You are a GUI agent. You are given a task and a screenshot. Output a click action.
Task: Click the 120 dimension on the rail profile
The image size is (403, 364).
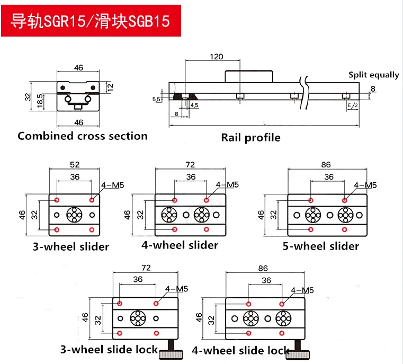pyautogui.click(x=216, y=57)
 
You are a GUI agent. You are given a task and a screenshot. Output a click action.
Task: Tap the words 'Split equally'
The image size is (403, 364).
pyautogui.click(x=373, y=75)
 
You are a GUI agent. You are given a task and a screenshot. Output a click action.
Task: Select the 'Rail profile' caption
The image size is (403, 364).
pyautogui.click(x=250, y=138)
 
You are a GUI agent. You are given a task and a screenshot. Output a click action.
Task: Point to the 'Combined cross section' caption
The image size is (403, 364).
pyautogui.click(x=83, y=136)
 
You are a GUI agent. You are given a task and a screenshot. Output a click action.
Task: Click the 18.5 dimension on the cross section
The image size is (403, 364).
pyautogui.click(x=40, y=100)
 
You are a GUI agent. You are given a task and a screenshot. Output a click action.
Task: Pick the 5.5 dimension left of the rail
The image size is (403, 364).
pyautogui.click(x=157, y=99)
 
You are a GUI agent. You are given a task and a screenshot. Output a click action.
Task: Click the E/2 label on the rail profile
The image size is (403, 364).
pyautogui.click(x=352, y=105)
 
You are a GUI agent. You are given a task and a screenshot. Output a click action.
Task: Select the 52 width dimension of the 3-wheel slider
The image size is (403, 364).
pyautogui.click(x=75, y=164)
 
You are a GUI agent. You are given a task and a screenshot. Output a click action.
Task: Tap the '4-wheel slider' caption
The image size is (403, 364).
pyautogui.click(x=180, y=245)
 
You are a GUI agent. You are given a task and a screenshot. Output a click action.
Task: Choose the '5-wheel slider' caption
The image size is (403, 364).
pyautogui.click(x=321, y=246)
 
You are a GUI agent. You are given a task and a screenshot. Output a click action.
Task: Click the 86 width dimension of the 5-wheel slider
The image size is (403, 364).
pyautogui.click(x=326, y=165)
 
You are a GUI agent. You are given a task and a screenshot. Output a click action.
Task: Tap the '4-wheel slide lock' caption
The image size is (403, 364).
pyautogui.click(x=240, y=350)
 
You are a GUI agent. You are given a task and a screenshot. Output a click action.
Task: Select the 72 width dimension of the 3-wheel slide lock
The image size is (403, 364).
pyautogui.click(x=147, y=269)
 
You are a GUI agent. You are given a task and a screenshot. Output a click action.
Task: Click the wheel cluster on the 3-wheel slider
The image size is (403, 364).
pyautogui.click(x=74, y=215)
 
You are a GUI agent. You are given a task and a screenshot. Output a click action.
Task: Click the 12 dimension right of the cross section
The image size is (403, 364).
pyautogui.click(x=110, y=86)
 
